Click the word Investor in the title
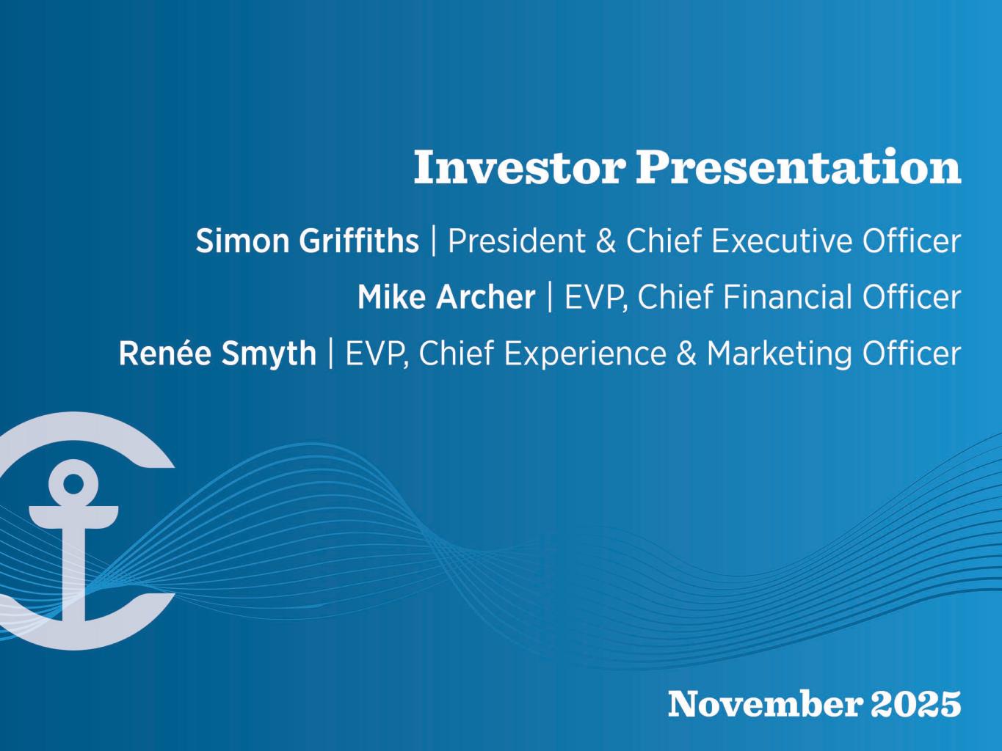[x=519, y=167]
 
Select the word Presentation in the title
[x=799, y=167]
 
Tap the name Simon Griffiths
[x=307, y=241]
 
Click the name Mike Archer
[x=446, y=297]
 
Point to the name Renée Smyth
[x=217, y=353]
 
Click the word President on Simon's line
[x=516, y=241]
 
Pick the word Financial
[x=788, y=297]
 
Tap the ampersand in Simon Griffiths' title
[x=606, y=241]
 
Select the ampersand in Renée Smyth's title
[x=686, y=353]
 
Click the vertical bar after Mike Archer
[x=550, y=297]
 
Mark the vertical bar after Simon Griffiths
[x=433, y=241]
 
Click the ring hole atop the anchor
[x=73, y=483]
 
